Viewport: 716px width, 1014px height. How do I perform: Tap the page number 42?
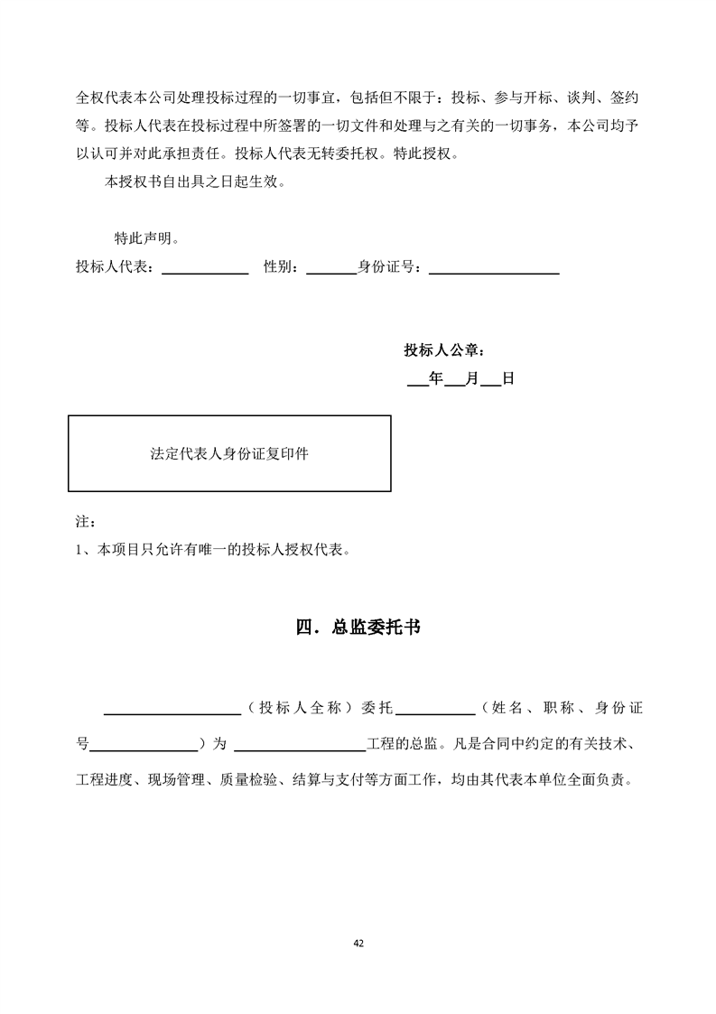[x=358, y=943]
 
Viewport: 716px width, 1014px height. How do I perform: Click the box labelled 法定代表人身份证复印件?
[x=229, y=453]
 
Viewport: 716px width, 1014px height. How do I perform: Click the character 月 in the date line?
[x=471, y=379]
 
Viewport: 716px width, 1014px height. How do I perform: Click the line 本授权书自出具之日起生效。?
[x=195, y=181]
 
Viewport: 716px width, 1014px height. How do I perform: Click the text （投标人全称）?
[x=298, y=709]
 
